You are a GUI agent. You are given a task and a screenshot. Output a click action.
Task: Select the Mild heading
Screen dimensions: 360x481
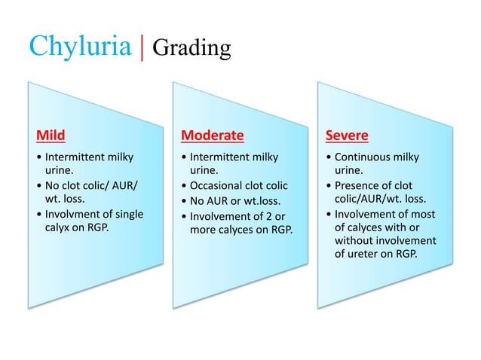(x=51, y=136)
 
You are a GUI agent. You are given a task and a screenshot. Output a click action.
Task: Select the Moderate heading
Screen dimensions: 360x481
(x=213, y=136)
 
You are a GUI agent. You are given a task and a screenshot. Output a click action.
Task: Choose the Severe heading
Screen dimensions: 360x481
(x=347, y=136)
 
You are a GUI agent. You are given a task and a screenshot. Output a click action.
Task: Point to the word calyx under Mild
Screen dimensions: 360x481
(x=58, y=227)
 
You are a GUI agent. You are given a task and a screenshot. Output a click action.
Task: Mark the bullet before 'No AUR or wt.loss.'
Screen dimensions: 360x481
(x=184, y=200)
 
